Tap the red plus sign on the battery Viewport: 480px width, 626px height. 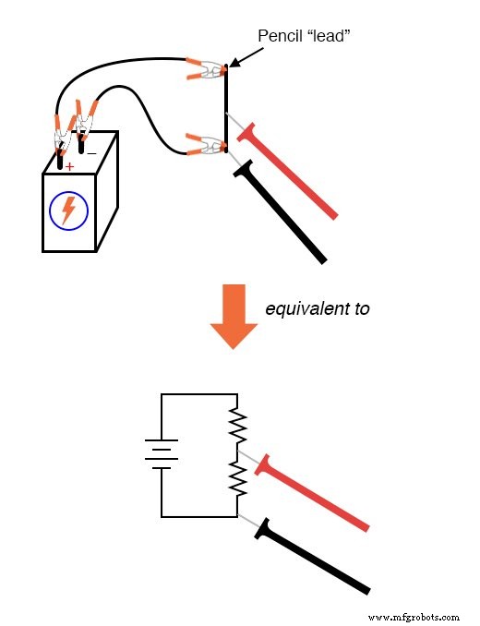click(68, 166)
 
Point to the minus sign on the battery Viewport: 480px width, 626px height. click(90, 151)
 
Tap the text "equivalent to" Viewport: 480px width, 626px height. click(317, 308)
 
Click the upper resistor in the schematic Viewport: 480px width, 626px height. click(237, 425)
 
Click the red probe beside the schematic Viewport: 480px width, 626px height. click(314, 494)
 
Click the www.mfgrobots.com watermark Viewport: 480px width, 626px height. click(413, 616)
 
